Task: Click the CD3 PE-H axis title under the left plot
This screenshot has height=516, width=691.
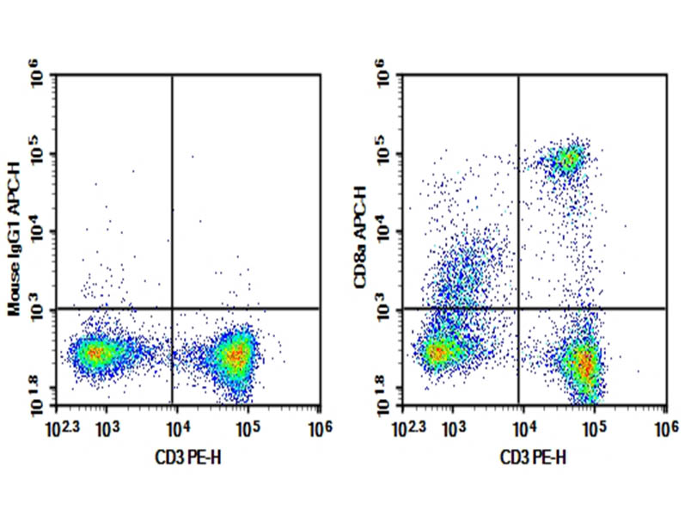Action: (188, 456)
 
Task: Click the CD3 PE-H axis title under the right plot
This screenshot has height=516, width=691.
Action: (535, 456)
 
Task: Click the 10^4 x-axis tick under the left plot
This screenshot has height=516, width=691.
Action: (176, 426)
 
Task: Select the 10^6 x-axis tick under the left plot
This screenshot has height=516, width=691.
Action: (318, 426)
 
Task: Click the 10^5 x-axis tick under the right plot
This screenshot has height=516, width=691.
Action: (594, 426)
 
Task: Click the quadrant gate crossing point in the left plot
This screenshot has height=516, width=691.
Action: (173, 308)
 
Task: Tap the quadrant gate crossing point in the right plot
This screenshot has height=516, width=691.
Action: (519, 308)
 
